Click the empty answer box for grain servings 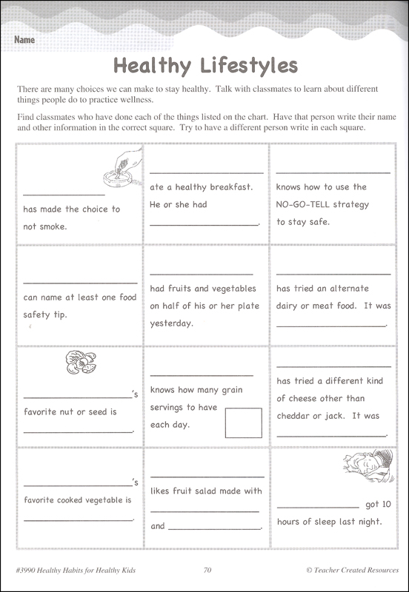pyautogui.click(x=243, y=423)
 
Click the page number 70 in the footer pyautogui.click(x=207, y=571)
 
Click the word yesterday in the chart pyautogui.click(x=171, y=323)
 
